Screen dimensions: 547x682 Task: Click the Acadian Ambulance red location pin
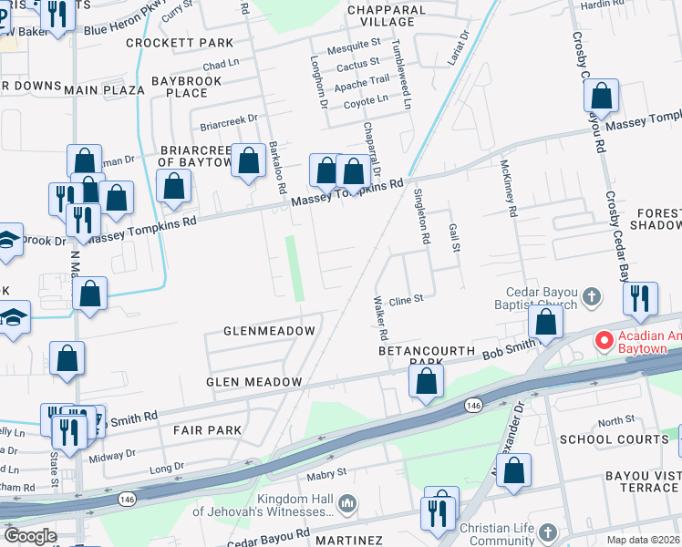[x=604, y=342]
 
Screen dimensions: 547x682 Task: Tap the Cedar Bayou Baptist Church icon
[x=592, y=296]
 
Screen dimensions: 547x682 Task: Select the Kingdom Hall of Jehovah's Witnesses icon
[x=346, y=503]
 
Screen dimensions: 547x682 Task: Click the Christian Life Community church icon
[x=547, y=532]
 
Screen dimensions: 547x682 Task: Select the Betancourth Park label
[x=428, y=356]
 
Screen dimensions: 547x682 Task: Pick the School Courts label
[x=614, y=439]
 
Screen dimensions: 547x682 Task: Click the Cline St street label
[x=407, y=299]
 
